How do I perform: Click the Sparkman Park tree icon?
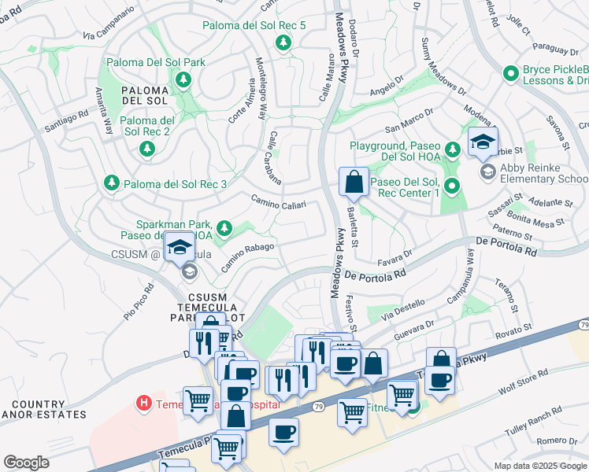point(224,228)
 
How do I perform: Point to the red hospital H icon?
point(143,404)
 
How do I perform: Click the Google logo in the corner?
point(27,463)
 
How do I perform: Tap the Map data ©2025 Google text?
point(539,466)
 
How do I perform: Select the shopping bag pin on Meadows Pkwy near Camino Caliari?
point(354,182)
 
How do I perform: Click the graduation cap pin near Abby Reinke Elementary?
point(482,142)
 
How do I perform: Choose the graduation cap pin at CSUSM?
point(180,248)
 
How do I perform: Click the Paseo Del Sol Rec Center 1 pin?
point(452,186)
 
